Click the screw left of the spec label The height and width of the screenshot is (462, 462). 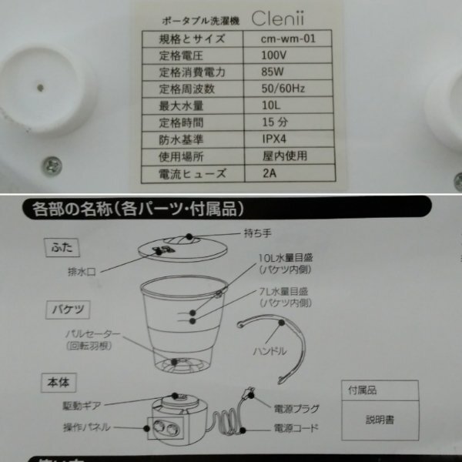click(x=51, y=163)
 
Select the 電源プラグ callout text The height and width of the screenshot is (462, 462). click(x=296, y=408)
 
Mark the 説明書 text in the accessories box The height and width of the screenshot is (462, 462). click(x=380, y=421)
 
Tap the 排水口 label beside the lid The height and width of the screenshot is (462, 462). click(x=90, y=271)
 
